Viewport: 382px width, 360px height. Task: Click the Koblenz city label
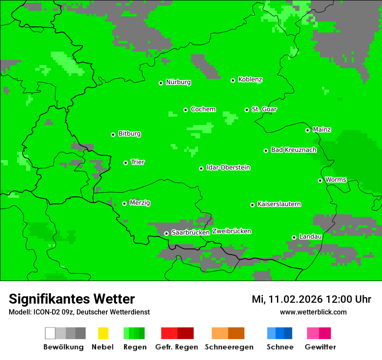pos(250,80)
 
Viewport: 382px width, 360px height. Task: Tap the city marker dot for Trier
pos(126,163)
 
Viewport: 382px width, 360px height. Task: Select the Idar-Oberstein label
pos(228,168)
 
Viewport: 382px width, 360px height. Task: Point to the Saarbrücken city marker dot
pos(166,233)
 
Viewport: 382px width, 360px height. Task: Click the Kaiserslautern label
pos(279,204)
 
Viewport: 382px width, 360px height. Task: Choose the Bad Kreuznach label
pos(293,150)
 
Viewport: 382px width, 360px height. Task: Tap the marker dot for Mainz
pos(307,130)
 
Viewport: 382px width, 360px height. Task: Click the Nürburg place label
pos(178,82)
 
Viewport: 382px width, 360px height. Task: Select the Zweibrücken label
pos(231,232)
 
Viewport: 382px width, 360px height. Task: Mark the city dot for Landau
pos(294,237)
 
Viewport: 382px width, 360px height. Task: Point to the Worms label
pos(336,180)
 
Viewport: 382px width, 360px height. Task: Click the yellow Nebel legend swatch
pos(103,333)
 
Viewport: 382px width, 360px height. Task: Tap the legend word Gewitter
pos(320,347)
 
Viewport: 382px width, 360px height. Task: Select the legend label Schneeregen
pos(229,347)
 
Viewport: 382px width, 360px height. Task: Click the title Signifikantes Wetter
pos(72,299)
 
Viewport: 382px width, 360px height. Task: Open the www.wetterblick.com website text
pos(313,312)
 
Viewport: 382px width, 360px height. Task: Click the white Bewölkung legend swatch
pos(50,333)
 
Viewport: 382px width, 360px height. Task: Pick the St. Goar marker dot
pos(247,110)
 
